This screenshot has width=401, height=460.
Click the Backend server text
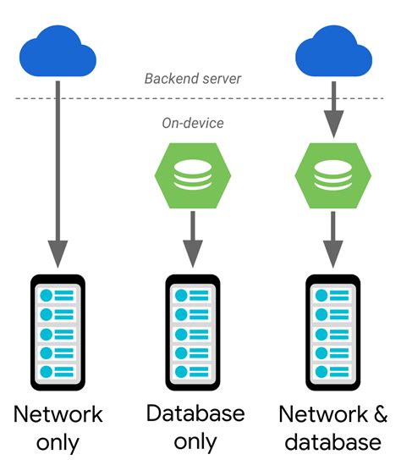point(193,79)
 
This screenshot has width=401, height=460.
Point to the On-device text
point(193,123)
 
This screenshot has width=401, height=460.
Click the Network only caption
point(58,428)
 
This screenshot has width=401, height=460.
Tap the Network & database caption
point(332,428)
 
